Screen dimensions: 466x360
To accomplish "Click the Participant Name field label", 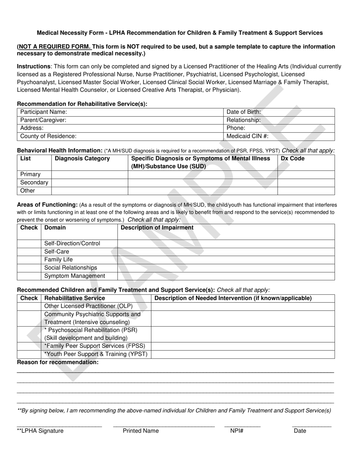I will pyautogui.click(x=44, y=112).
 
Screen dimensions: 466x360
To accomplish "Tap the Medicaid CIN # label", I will pyautogui.click(x=247, y=136).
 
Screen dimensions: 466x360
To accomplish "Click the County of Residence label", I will pyautogui.click(x=48, y=136).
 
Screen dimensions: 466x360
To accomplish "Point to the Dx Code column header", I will pyautogui.click(x=293, y=159).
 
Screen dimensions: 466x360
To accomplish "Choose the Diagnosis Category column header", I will pyautogui.click(x=82, y=159).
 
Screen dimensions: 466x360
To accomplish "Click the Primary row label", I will pyautogui.click(x=30, y=174).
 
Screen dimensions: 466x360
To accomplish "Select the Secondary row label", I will pyautogui.click(x=34, y=183).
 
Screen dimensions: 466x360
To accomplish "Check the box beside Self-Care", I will pyautogui.click(x=29, y=252).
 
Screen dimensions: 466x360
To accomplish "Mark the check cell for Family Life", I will pyautogui.click(x=29, y=260).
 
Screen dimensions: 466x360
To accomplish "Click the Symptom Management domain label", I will pyautogui.click(x=75, y=276).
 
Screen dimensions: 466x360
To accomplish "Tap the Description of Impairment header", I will pyautogui.click(x=157, y=228).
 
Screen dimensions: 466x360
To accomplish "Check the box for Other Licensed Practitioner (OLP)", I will pyautogui.click(x=29, y=306).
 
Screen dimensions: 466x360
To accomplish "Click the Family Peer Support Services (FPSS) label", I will pyautogui.click(x=95, y=346).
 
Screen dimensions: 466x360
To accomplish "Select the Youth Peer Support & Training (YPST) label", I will pyautogui.click(x=95, y=354).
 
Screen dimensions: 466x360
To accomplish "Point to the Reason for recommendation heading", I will pyautogui.click(x=58, y=363).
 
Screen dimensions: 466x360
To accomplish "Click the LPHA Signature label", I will pyautogui.click(x=40, y=431).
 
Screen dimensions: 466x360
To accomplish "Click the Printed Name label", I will pyautogui.click(x=141, y=431).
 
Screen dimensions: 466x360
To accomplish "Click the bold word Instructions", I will pyautogui.click(x=34, y=66).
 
